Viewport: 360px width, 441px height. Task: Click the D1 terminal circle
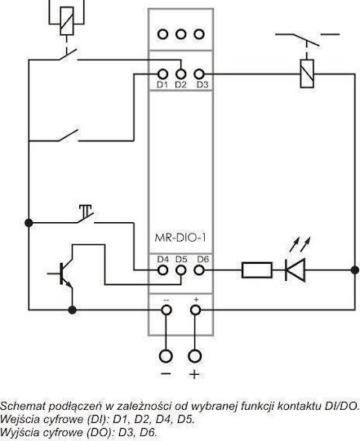pyautogui.click(x=162, y=74)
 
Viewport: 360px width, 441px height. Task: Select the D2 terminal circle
pyautogui.click(x=180, y=74)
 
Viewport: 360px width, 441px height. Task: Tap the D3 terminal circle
pyautogui.click(x=199, y=74)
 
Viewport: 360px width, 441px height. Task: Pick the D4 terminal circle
pyautogui.click(x=162, y=270)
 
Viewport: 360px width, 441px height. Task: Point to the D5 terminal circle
pyautogui.click(x=180, y=270)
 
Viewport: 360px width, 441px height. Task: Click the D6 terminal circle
pyautogui.click(x=199, y=270)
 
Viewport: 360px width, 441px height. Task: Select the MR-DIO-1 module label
pyautogui.click(x=180, y=238)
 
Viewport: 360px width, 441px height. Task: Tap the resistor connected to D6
pyautogui.click(x=257, y=270)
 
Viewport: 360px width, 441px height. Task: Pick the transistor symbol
pyautogui.click(x=62, y=273)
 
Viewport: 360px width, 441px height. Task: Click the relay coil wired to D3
pyautogui.click(x=307, y=73)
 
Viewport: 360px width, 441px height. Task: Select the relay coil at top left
pyautogui.click(x=67, y=21)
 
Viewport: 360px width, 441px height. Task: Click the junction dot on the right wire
pyautogui.click(x=355, y=270)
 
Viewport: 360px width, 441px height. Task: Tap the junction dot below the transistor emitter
pyautogui.click(x=72, y=310)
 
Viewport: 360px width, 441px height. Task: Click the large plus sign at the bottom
pyautogui.click(x=194, y=375)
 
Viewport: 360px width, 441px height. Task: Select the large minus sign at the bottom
pyautogui.click(x=166, y=374)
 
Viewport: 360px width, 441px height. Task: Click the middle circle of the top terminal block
pyautogui.click(x=180, y=34)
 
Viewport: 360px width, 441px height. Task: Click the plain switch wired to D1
pyautogui.click(x=69, y=136)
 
